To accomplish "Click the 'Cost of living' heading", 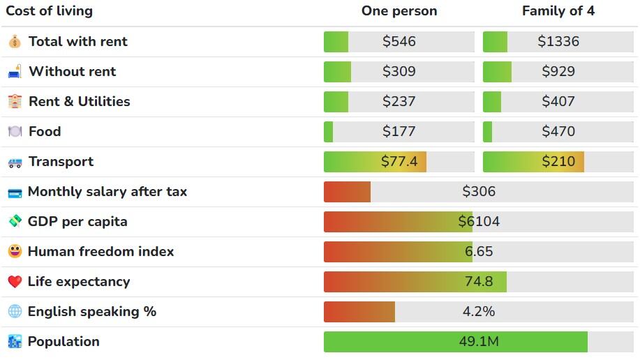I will [x=49, y=11].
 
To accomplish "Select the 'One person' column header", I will [x=399, y=11].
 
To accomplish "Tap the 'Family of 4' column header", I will [x=558, y=11].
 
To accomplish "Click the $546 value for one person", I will [x=399, y=42].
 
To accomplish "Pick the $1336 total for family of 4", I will [x=558, y=42].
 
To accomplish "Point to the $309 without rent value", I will [x=399, y=72].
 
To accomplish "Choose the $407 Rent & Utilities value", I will [x=558, y=102].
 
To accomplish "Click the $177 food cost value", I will [x=399, y=132].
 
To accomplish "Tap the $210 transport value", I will [x=558, y=162].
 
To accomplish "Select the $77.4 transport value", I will [x=399, y=162].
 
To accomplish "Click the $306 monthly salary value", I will [x=478, y=192].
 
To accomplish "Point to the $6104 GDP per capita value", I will [x=478, y=222].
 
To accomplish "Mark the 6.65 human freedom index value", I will [x=478, y=252].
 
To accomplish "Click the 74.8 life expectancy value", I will [x=478, y=282].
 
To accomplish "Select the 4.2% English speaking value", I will [x=478, y=312].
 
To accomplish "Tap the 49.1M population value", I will [x=478, y=342].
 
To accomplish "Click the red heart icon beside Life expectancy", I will [x=15, y=282].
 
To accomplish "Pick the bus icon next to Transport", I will [x=15, y=163].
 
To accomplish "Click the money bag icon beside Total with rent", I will [x=15, y=42].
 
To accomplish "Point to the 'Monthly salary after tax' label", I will [x=107, y=192].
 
